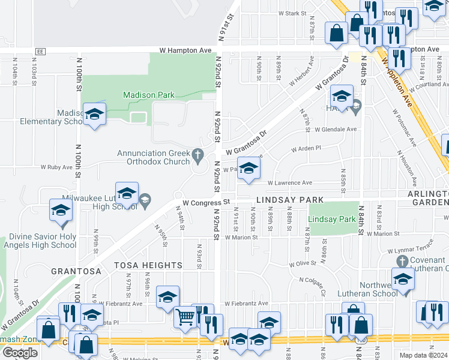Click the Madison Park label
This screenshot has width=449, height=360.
pos(148,95)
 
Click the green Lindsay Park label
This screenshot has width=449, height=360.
pos(332,220)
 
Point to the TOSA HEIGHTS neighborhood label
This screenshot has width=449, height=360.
pos(149,265)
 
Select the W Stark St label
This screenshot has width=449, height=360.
pos(292,13)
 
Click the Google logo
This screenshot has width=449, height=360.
pos(20,352)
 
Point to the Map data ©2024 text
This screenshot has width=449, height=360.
pos(424,355)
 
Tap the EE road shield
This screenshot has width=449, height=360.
pos(41,52)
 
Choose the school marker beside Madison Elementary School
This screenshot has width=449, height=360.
pos(94,113)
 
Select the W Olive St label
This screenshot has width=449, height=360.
pos(303,264)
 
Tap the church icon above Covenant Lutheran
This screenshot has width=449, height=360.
pos(402,261)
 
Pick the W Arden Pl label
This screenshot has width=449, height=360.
pos(306,148)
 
